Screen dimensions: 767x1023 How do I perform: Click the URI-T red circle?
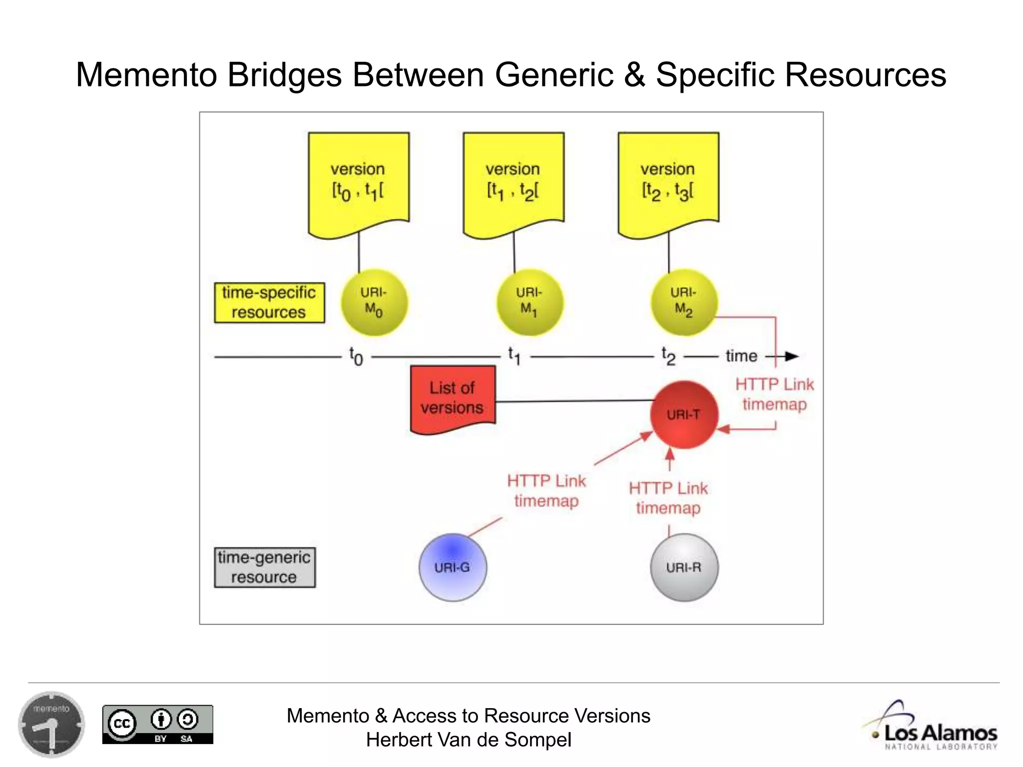tap(683, 414)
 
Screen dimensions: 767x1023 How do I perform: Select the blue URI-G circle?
tap(453, 567)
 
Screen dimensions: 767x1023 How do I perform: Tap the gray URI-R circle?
tap(684, 567)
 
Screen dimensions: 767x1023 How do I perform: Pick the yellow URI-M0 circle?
tap(374, 303)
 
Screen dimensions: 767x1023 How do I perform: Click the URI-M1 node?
tap(529, 303)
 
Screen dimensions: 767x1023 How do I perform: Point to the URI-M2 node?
tap(684, 303)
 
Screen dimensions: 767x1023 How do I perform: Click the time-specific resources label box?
tap(269, 303)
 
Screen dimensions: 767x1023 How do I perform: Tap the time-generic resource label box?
tap(265, 567)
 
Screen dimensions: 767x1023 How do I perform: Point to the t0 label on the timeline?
tap(356, 357)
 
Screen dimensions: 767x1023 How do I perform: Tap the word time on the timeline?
tap(741, 357)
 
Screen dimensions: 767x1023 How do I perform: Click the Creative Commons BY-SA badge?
tap(158, 724)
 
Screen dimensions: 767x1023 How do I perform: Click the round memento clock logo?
tap(51, 725)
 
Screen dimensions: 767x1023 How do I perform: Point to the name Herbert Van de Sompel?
tap(469, 740)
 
